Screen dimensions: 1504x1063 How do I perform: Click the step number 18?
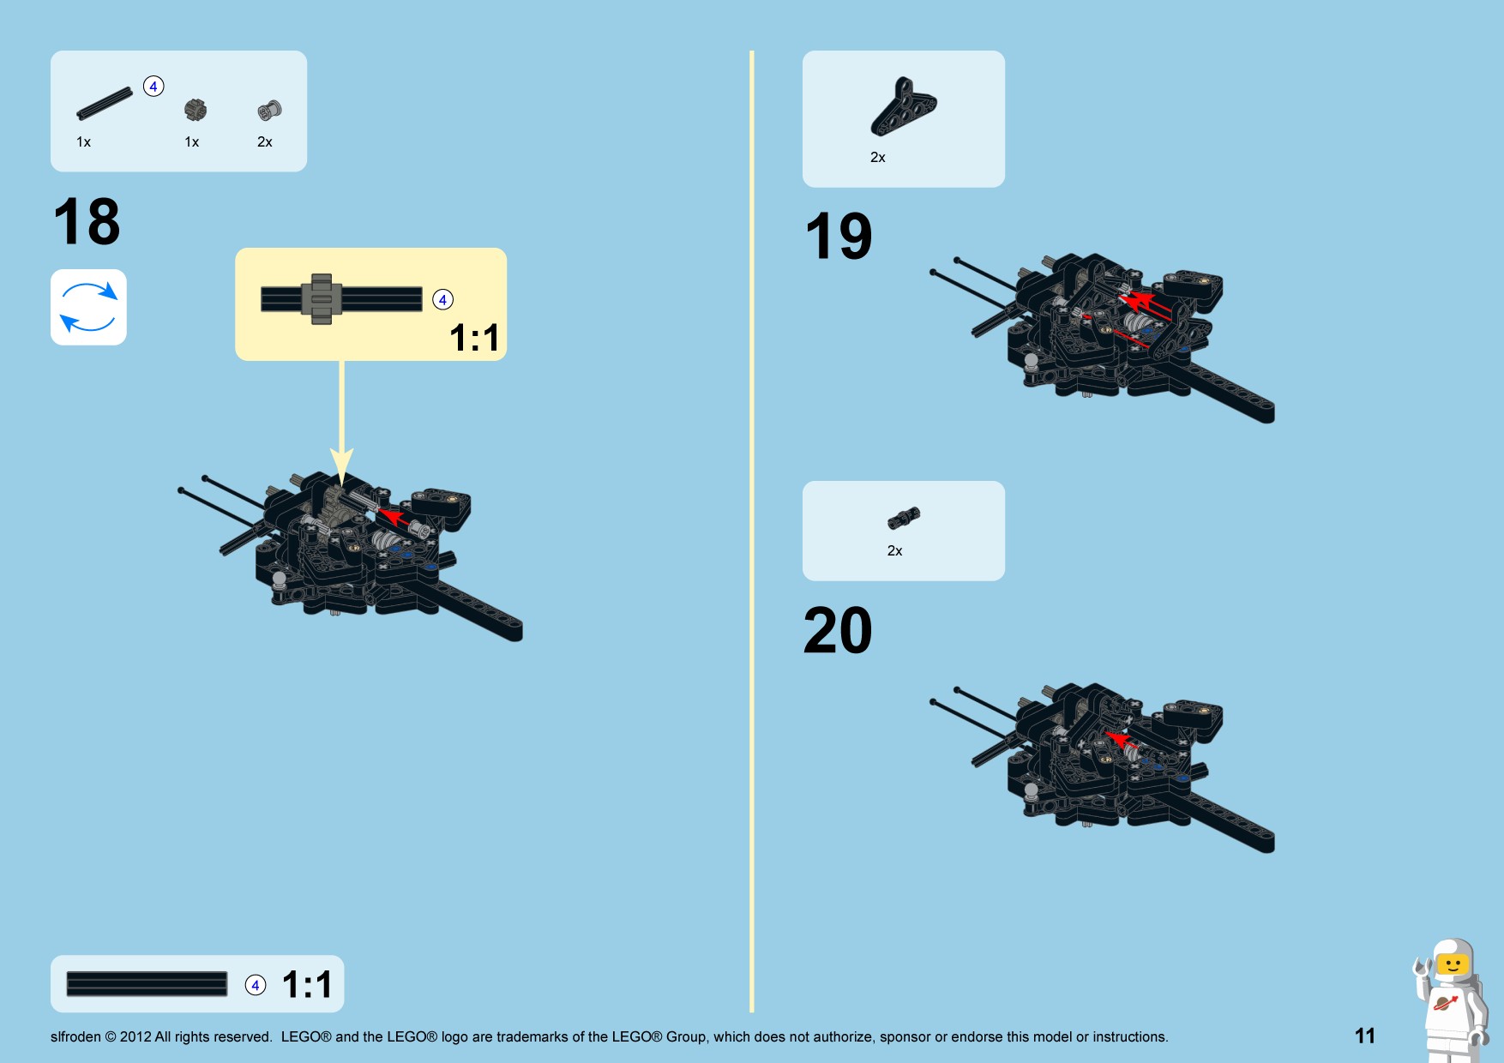[87, 221]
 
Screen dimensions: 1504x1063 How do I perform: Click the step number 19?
[839, 236]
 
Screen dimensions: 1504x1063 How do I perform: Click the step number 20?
[838, 630]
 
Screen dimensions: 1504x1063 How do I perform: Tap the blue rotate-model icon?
[88, 307]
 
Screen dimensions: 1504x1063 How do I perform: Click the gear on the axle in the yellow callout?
[322, 299]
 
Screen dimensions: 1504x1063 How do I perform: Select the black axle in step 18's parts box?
[105, 103]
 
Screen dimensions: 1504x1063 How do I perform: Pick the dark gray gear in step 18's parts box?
[196, 110]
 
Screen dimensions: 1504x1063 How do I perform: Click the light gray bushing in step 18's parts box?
[269, 110]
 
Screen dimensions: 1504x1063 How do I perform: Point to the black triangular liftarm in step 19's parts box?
[904, 107]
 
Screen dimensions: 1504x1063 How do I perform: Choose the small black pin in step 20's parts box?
[904, 518]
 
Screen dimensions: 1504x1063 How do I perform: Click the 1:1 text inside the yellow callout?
[474, 338]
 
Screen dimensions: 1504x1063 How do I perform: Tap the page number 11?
[1365, 1036]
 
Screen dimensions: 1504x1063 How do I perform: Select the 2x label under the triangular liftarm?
[878, 158]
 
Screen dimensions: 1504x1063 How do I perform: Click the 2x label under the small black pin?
[894, 550]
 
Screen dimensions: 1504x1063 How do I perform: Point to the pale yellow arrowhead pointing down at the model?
[342, 468]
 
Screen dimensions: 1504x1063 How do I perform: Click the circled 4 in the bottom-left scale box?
[256, 985]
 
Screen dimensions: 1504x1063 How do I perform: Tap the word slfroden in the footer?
[75, 1036]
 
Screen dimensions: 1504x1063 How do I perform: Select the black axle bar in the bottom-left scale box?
[147, 984]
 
